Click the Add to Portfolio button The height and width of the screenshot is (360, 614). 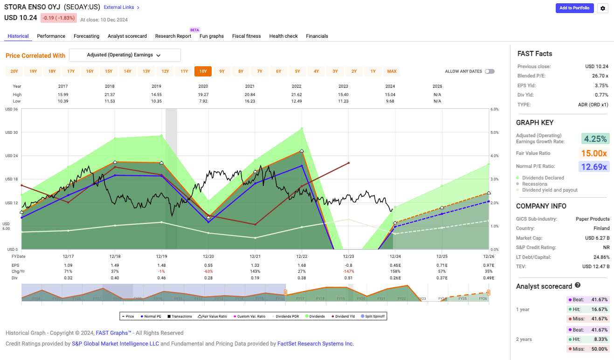(x=574, y=8)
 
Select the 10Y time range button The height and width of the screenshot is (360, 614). (x=203, y=71)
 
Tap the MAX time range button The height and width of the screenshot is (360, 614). (x=392, y=71)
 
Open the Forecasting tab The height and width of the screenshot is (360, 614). (x=86, y=36)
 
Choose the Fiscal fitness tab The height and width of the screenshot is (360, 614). (x=246, y=36)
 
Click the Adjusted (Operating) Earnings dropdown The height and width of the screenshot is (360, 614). (x=124, y=55)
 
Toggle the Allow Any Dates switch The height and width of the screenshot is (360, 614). (x=490, y=71)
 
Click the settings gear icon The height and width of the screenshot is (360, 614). (x=603, y=8)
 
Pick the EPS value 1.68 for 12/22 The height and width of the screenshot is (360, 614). (x=302, y=265)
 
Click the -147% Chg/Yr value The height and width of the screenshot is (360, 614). (x=348, y=271)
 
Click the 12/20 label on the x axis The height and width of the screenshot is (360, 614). (x=208, y=256)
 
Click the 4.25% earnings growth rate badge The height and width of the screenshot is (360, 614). (x=595, y=138)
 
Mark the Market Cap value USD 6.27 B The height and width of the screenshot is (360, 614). (x=597, y=238)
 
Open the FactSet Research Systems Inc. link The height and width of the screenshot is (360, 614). (x=316, y=344)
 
